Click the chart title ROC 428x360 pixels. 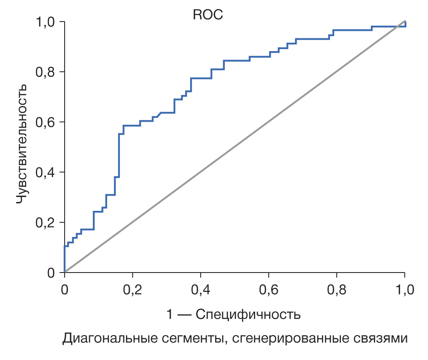[x=207, y=15]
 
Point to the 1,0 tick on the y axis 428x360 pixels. [x=46, y=22]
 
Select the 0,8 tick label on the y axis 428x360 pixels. [x=46, y=72]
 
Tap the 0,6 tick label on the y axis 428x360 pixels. [x=46, y=123]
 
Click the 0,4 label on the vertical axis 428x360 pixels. [x=46, y=173]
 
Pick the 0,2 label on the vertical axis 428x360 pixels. [x=46, y=223]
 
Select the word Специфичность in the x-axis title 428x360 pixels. [x=248, y=315]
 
